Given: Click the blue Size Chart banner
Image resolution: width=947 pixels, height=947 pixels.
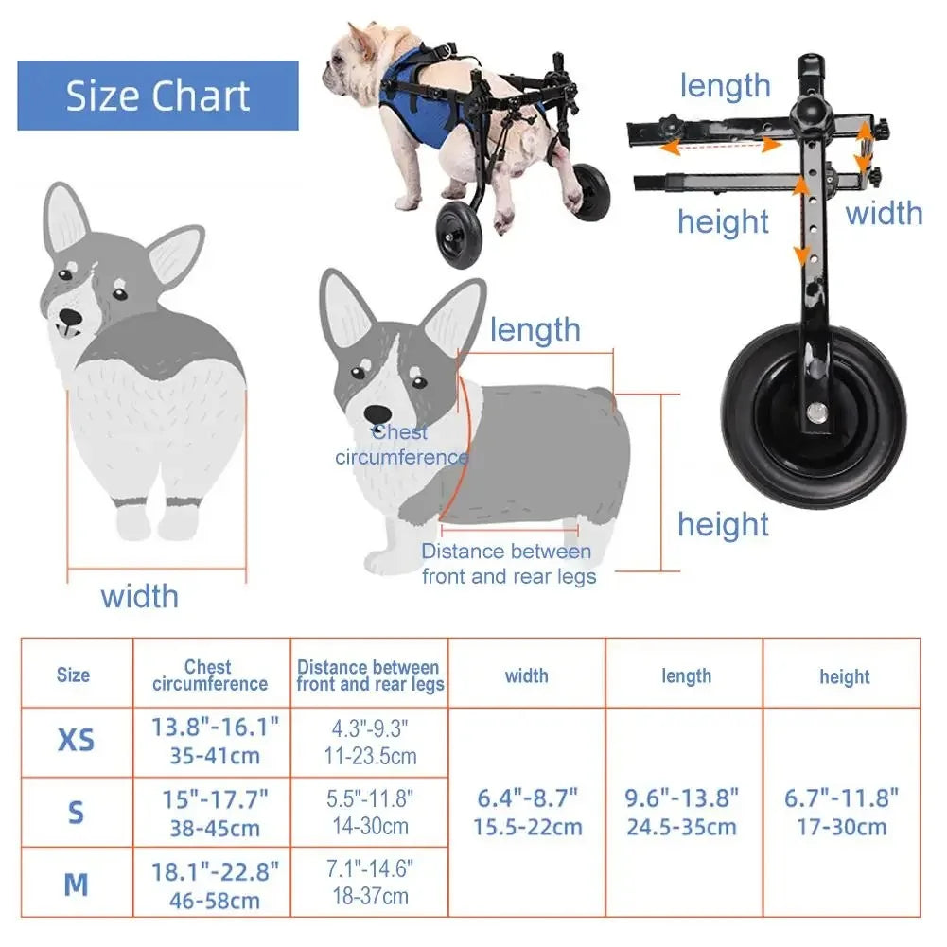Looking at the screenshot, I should (158, 96).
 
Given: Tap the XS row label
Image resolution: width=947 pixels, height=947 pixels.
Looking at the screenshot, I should (76, 741).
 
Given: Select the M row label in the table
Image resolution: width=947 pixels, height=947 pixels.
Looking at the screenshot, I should (76, 885).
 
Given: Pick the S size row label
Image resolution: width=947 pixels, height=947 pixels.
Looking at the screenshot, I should (76, 813).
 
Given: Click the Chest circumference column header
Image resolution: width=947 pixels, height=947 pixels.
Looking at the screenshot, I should (210, 675).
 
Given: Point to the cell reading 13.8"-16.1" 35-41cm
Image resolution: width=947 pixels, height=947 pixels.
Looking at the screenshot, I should (215, 742).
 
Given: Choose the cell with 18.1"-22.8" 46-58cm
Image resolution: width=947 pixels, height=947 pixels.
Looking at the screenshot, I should (215, 885).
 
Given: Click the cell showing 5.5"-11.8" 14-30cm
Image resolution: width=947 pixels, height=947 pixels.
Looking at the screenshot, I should (370, 812).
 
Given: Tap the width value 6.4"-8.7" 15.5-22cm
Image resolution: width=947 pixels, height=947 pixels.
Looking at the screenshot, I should (527, 812).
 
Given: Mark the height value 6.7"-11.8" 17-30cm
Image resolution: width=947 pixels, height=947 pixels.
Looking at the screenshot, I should (842, 812).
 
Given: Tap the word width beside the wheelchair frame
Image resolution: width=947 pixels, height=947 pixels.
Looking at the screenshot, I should (884, 213).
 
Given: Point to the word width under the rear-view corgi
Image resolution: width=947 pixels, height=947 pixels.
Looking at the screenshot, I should (140, 596).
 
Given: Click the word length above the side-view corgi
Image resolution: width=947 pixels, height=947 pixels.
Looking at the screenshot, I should (535, 330).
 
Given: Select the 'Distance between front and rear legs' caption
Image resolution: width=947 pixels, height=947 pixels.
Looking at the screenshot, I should (507, 564).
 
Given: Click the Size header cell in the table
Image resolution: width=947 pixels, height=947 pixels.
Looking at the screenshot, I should (74, 675).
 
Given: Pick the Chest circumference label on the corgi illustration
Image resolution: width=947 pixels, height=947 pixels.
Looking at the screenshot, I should (401, 446).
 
